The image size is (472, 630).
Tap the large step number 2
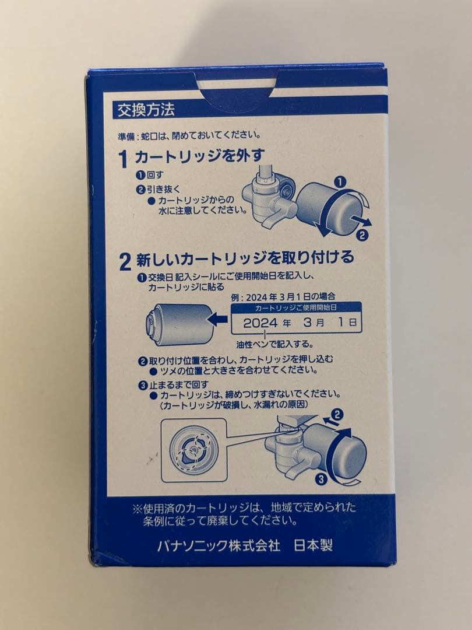[x=124, y=261]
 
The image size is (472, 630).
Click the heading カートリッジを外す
[x=200, y=156]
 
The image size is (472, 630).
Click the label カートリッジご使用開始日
[x=296, y=307]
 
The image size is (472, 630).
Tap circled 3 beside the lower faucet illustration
[x=320, y=480]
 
